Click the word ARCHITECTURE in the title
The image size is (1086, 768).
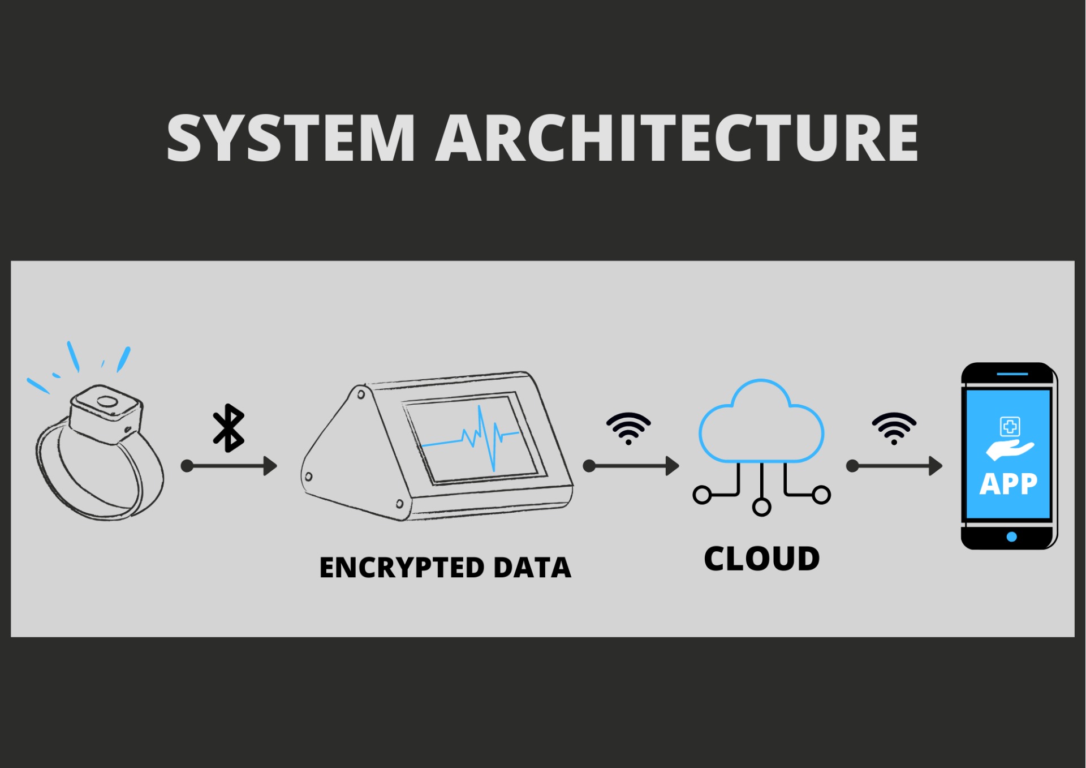(676, 138)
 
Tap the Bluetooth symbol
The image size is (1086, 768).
(229, 428)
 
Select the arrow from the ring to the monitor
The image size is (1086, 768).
(229, 466)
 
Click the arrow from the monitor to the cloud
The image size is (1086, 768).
(631, 466)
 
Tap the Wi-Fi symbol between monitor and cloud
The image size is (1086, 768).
(628, 428)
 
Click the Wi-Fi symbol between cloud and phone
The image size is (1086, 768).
(894, 428)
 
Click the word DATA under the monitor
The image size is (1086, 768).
(532, 568)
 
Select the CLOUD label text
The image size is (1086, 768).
(761, 559)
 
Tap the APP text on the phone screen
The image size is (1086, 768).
(1009, 484)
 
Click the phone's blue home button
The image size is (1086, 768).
(1012, 536)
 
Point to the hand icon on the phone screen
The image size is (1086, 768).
(1009, 450)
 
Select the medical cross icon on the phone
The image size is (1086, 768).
(1010, 426)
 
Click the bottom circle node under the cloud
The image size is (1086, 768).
(761, 507)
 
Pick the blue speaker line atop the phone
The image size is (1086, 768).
(1012, 374)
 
